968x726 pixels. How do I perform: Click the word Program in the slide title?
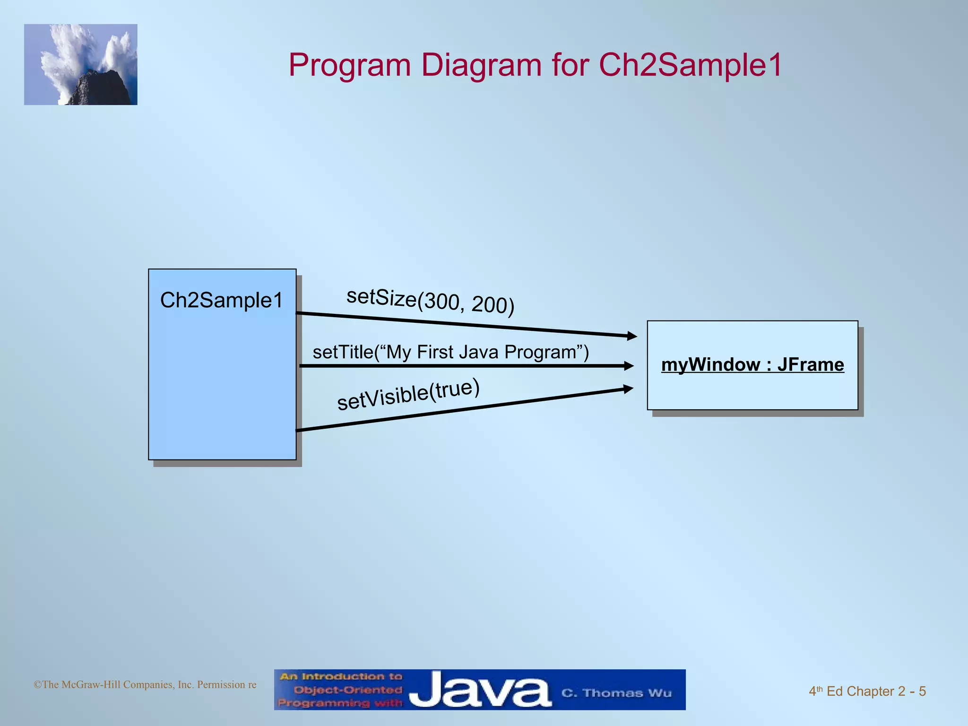pos(349,65)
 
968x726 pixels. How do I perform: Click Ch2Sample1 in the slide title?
pos(690,65)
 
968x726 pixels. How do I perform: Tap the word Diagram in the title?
pos(481,65)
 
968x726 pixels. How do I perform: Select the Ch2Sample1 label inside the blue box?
pos(221,300)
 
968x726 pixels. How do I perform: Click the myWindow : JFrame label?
pos(752,365)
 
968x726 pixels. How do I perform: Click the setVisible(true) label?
pos(408,394)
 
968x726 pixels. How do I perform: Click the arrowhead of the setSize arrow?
pos(632,336)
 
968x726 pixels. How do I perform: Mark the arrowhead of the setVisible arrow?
pos(629,389)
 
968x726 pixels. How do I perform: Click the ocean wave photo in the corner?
pos(81,65)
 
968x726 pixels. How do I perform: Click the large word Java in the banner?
pos(480,691)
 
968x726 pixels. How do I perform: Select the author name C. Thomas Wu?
pos(616,693)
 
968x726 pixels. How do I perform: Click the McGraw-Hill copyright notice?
pos(145,684)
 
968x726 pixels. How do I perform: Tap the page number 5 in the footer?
pos(922,691)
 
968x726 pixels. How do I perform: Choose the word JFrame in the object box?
pos(810,365)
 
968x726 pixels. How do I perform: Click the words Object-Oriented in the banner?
pos(348,690)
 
